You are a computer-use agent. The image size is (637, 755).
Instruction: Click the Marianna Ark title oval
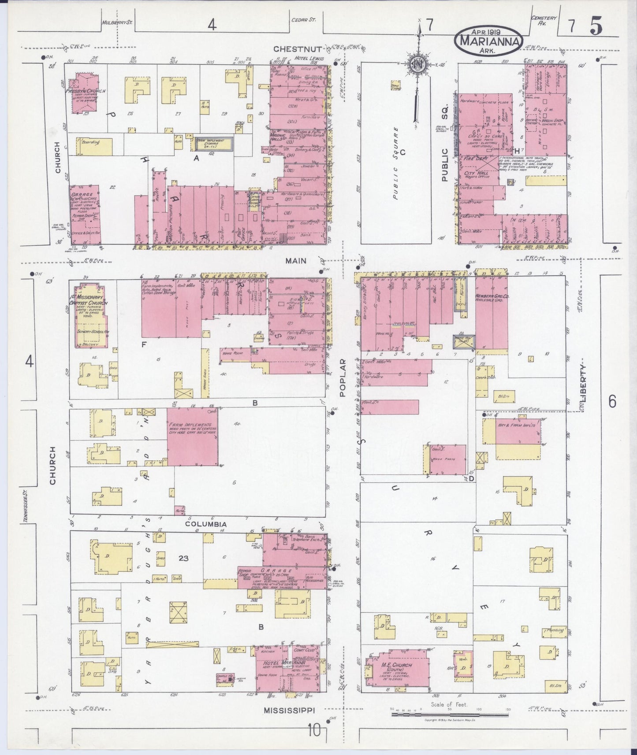(489, 40)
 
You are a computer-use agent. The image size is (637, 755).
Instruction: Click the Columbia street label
(205, 524)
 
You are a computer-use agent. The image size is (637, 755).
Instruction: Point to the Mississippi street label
(291, 710)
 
